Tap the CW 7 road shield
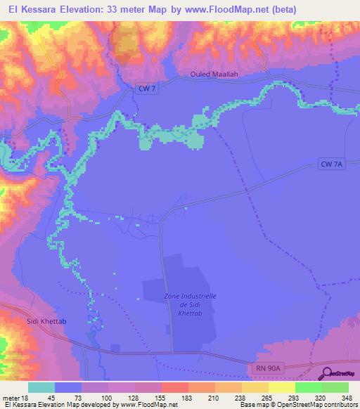click(x=144, y=88)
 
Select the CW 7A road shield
click(x=331, y=164)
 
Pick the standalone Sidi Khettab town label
click(x=26, y=320)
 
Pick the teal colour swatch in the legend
click(x=41, y=387)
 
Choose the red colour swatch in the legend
click(x=175, y=387)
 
